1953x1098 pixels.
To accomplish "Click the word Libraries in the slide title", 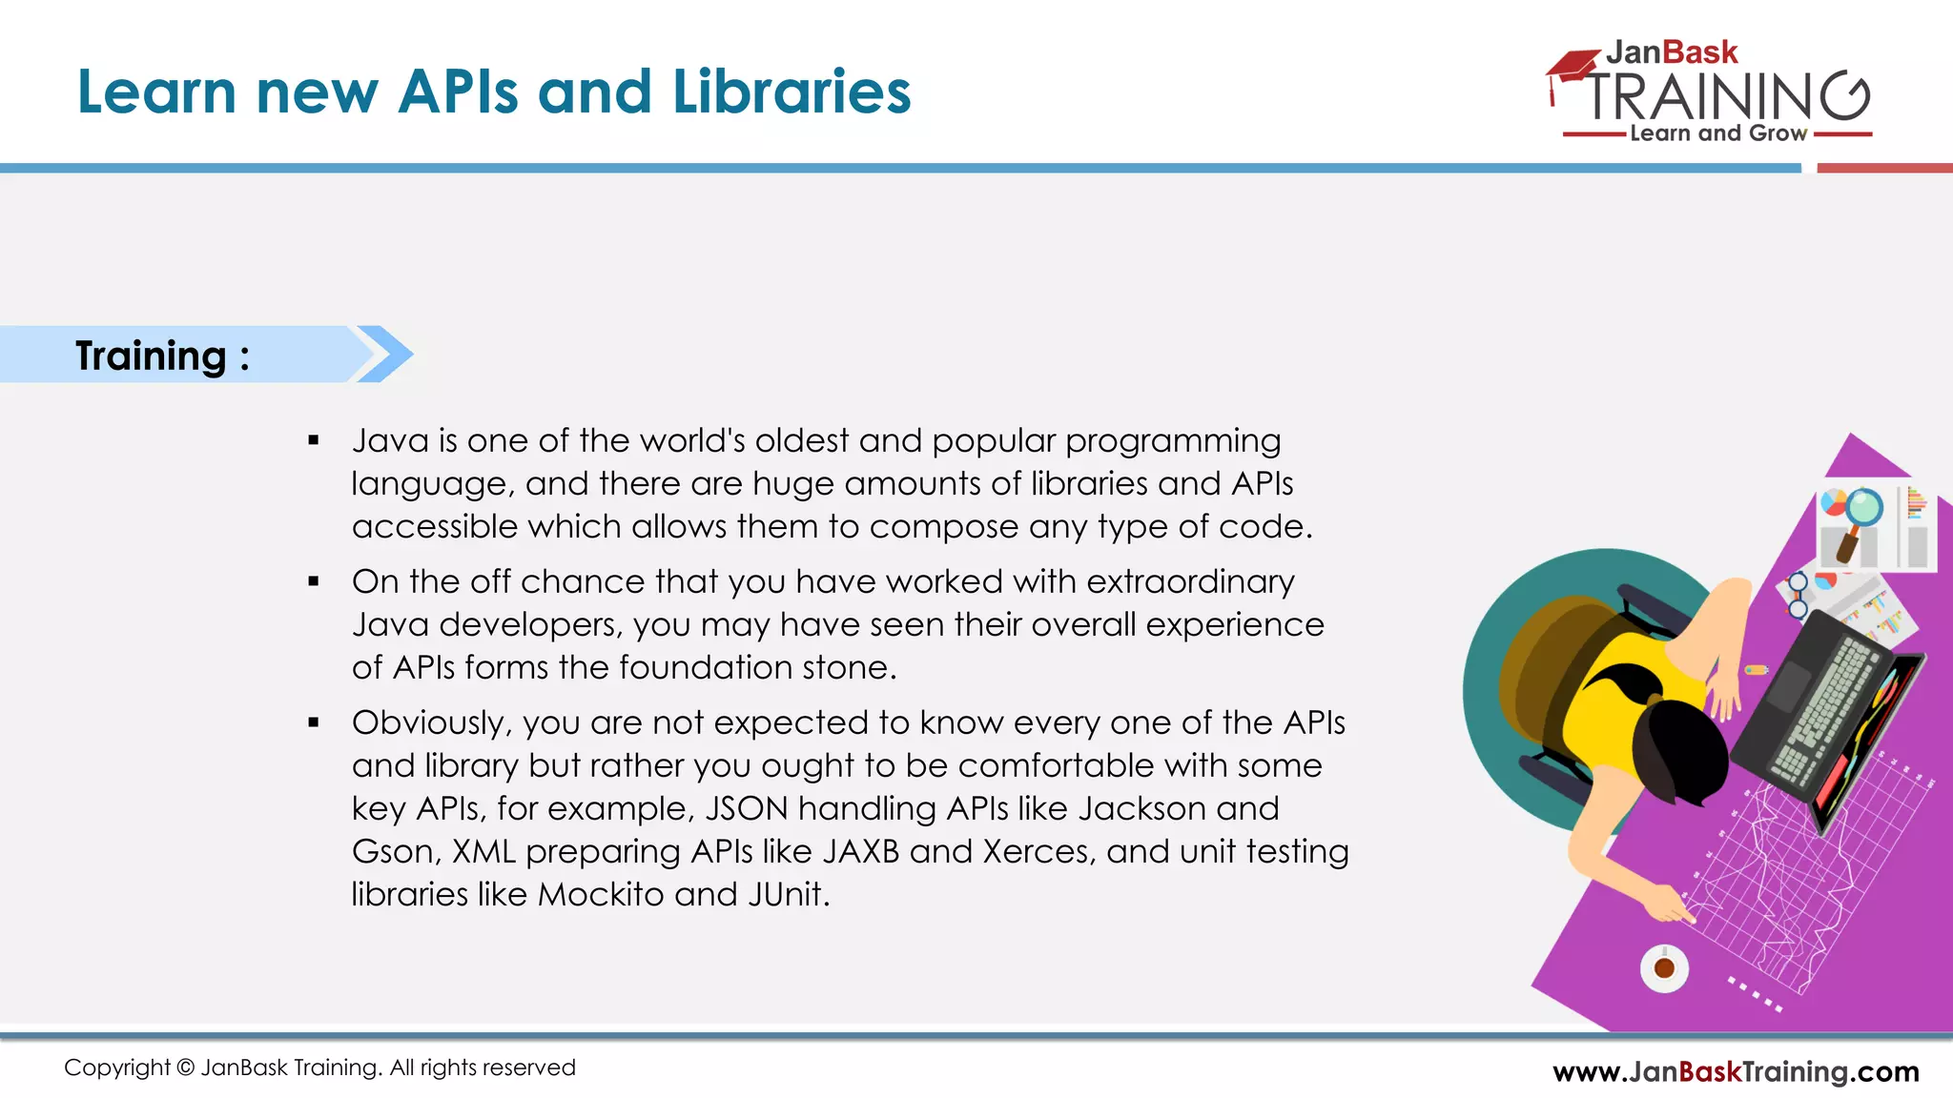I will coord(791,92).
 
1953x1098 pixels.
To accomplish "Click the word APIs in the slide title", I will coord(459,92).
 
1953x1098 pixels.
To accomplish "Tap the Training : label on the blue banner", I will coord(162,356).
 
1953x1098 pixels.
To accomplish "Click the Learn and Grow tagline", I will coord(1717,133).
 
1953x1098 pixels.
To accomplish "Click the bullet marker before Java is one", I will coord(314,440).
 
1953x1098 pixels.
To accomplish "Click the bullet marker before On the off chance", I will coord(314,581).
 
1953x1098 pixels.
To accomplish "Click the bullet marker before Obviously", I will coord(314,722).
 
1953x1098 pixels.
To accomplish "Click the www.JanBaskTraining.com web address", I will coord(1736,1071).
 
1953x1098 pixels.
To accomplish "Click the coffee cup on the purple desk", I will coord(1664,968).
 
